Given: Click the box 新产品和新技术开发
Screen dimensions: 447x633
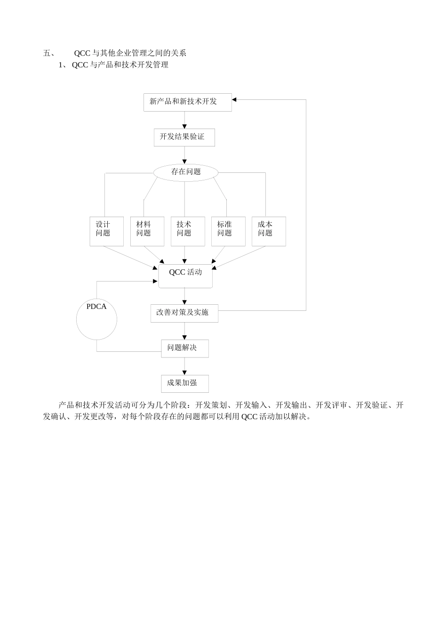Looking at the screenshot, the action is (187, 102).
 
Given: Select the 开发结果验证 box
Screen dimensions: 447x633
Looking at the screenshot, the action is (184, 138).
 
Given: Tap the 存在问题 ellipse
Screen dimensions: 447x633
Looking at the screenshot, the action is (186, 172).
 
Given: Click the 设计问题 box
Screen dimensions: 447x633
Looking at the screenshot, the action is (106, 231).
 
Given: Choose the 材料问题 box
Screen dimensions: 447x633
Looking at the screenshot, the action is (147, 231).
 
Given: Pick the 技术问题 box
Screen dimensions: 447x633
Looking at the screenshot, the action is (187, 231).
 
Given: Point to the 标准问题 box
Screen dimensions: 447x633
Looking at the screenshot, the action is (228, 231).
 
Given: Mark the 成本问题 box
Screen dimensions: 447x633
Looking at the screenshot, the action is (268, 231).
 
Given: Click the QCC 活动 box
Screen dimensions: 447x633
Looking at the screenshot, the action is (185, 276).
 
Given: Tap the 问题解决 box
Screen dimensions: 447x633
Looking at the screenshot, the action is (184, 349).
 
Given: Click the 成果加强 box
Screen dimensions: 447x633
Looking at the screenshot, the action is (184, 384).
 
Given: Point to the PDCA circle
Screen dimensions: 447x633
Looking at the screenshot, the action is (96, 319).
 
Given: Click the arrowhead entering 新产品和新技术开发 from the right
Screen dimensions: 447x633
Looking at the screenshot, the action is (234, 99).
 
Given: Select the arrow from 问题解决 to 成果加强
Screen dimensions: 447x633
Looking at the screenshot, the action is (184, 366).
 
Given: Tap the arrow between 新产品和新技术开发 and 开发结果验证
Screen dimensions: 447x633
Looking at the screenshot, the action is (184, 120).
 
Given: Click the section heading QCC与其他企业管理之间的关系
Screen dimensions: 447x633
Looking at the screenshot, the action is (130, 53).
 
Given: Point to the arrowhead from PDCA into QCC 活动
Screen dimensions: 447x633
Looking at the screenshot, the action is (155, 282).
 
